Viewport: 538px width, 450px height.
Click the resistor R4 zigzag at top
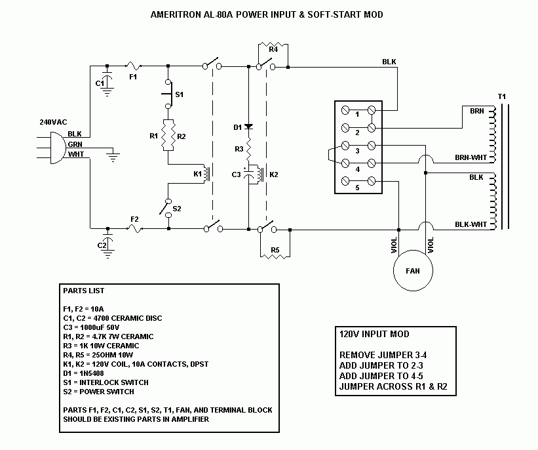[273, 45]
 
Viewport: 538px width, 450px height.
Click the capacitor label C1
[100, 83]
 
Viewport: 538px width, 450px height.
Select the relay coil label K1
[197, 174]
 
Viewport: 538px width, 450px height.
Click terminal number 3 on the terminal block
[357, 152]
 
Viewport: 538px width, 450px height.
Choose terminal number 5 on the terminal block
[357, 188]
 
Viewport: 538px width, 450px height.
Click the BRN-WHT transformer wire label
[470, 157]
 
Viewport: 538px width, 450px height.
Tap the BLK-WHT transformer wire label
[470, 224]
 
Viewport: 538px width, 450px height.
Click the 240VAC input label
[54, 122]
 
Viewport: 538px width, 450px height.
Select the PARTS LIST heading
[83, 290]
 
